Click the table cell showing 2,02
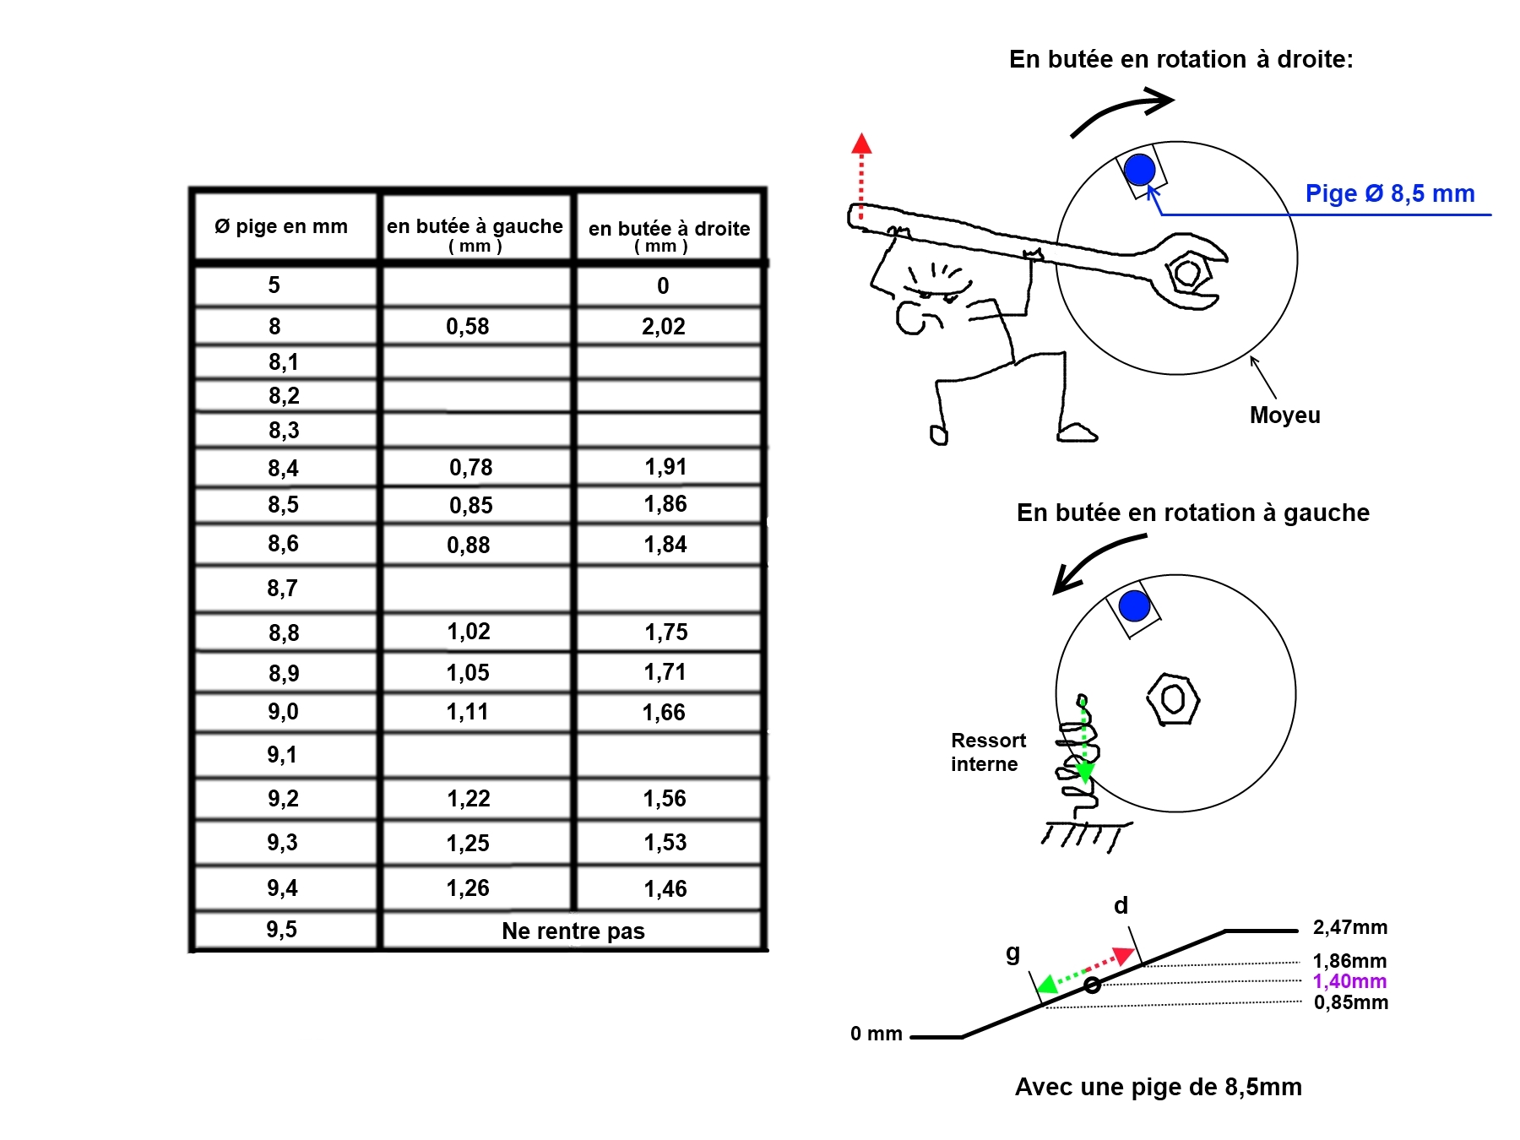click(664, 327)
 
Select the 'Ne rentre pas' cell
click(573, 931)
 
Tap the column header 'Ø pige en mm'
click(281, 226)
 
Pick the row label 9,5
click(282, 930)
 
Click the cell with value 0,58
click(468, 327)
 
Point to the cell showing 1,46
click(665, 888)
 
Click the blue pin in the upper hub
click(1139, 169)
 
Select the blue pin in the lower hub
click(1134, 605)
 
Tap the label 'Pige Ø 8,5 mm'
click(1390, 193)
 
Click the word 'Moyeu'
click(1284, 415)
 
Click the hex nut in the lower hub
click(1173, 698)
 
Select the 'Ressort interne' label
click(987, 752)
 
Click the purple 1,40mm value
click(1349, 981)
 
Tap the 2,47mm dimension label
click(1349, 927)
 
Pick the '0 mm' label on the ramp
click(876, 1034)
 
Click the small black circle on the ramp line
click(1092, 985)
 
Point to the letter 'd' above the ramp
click(1121, 906)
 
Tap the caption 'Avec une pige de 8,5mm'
click(1158, 1087)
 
